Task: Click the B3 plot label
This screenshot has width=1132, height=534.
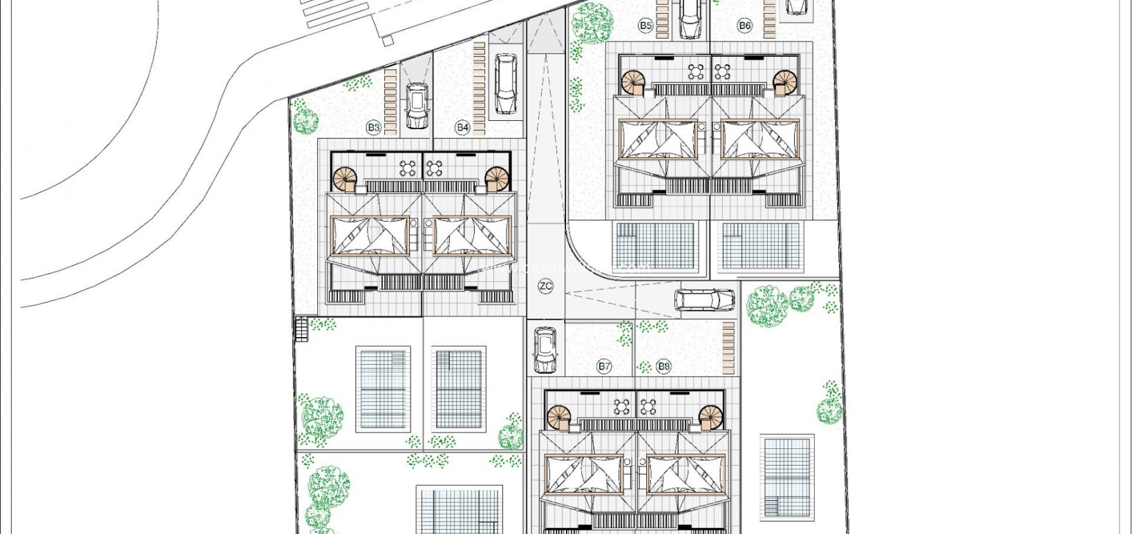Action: pos(373,127)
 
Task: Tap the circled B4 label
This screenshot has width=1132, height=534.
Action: pos(462,127)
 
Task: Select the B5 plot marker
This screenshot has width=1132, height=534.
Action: pos(645,26)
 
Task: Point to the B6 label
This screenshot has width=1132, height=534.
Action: pos(744,26)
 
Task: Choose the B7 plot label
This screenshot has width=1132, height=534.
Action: pos(605,366)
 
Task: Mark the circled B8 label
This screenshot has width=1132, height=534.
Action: pos(663,366)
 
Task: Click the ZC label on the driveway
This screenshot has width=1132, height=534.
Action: pos(545,286)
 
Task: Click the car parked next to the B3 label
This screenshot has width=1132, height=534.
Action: pos(417,106)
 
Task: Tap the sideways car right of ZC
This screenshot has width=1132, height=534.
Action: pos(704,300)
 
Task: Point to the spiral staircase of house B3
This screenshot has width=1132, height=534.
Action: pos(345,180)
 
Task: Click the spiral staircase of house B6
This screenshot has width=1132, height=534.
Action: pos(784,82)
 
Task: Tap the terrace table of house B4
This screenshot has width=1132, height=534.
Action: pos(434,167)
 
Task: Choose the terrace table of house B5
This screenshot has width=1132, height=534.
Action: pos(695,70)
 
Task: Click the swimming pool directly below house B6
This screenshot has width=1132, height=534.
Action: pos(760,246)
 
